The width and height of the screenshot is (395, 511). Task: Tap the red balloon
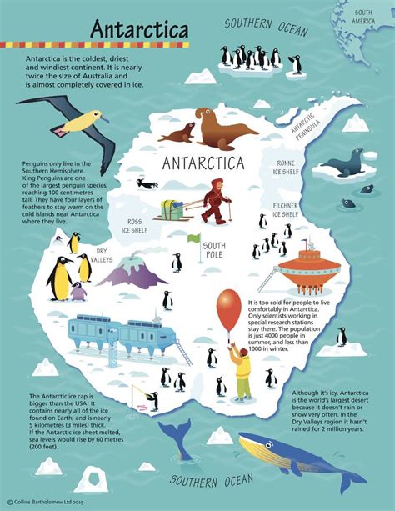(x=228, y=308)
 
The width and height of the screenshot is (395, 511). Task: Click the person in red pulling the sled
(x=214, y=200)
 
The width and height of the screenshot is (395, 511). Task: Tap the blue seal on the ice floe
(x=347, y=161)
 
